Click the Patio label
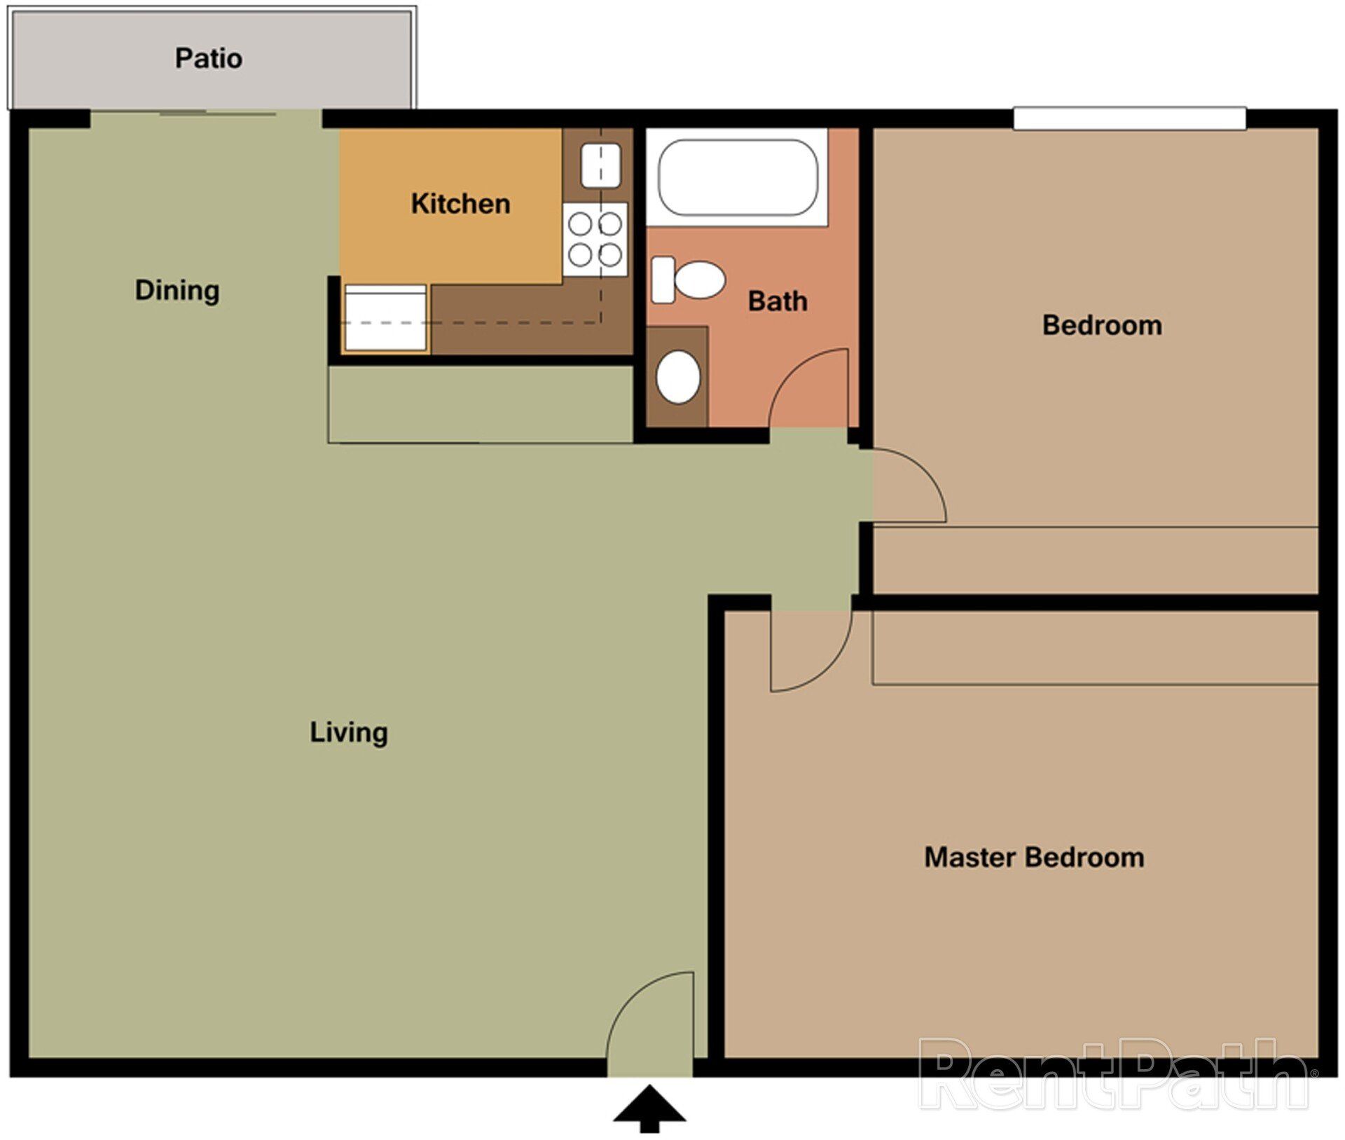click(209, 58)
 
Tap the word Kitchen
click(460, 204)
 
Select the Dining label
click(177, 290)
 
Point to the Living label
click(349, 732)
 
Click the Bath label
click(778, 301)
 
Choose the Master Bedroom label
click(1034, 858)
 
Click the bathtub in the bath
click(738, 177)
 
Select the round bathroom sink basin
click(677, 377)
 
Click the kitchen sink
click(600, 165)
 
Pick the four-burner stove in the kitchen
click(595, 239)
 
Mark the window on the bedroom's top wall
click(1129, 118)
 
